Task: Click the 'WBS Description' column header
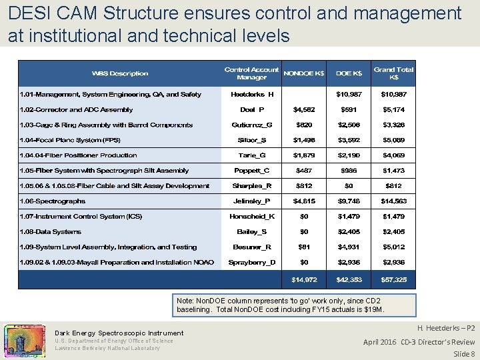coord(120,73)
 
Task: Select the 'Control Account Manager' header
coord(251,73)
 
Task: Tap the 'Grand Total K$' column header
coord(393,73)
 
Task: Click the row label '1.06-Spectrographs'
coord(52,201)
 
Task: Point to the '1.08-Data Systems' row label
coord(50,232)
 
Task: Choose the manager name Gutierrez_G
coord(251,125)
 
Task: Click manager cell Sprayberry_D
coord(251,263)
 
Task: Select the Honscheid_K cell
coord(251,217)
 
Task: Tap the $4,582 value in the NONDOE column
coord(304,109)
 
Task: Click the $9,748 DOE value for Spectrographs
coord(349,201)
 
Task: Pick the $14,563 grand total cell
coord(393,201)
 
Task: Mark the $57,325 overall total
coord(393,279)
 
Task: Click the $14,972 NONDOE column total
coord(304,279)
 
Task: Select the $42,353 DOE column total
coord(349,279)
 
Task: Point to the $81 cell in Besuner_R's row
coord(304,247)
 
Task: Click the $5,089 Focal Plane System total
coord(393,140)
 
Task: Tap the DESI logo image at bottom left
coord(25,340)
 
